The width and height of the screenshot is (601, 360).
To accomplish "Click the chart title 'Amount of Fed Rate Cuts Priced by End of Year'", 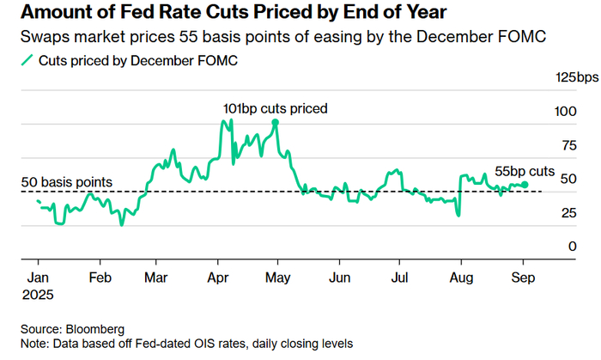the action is pos(234,12).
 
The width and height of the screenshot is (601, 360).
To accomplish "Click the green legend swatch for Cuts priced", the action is pos(27,60).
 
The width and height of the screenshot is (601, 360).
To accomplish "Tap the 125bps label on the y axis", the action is pos(577,78).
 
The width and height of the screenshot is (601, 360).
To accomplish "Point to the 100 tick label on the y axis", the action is pos(565,112).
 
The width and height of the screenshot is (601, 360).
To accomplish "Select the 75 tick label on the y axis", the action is pos(568,145).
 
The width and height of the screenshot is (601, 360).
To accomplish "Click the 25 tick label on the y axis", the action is pos(568,213).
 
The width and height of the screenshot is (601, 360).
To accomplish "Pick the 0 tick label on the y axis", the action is pos(573,247).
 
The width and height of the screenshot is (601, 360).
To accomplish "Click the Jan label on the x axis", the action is pos(38,278).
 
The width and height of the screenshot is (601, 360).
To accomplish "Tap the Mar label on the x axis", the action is pos(156,278).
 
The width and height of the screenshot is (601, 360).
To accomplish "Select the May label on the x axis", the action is pos(278,278).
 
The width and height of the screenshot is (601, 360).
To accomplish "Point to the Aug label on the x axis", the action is pos(461,278).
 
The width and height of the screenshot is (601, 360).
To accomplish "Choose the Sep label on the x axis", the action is pos(523,278).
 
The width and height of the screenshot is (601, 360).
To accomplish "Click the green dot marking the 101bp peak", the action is pos(276,123).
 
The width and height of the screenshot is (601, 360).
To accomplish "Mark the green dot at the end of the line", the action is pos(525,185).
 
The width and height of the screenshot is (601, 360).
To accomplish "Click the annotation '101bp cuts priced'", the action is pos(276,109).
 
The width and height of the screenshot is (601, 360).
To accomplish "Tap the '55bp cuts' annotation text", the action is pos(525,171).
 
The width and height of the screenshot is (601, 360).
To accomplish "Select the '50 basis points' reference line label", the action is pos(67,182).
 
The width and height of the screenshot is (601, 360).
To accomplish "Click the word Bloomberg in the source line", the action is pos(95,329).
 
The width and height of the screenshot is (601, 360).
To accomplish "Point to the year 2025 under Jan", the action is pos(38,295).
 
